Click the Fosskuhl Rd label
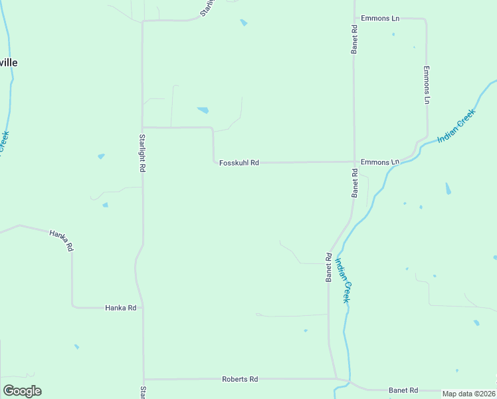click(239, 162)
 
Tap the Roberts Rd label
click(239, 379)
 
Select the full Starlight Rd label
click(142, 154)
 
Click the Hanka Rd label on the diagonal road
click(61, 239)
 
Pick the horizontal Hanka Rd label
click(120, 308)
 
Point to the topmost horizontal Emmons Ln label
click(380, 18)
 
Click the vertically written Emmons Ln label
click(427, 84)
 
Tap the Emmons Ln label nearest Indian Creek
click(380, 162)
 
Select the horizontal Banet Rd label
click(403, 390)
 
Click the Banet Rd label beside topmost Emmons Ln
click(355, 39)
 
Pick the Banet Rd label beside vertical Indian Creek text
click(328, 267)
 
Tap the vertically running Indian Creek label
click(342, 280)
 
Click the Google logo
click(22, 391)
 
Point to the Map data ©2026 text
click(468, 394)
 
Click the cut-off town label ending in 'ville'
click(8, 63)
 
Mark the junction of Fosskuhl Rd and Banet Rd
click(353, 162)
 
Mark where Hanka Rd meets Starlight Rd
click(143, 308)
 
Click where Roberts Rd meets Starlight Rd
click(144, 379)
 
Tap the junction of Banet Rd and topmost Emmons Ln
click(353, 19)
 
